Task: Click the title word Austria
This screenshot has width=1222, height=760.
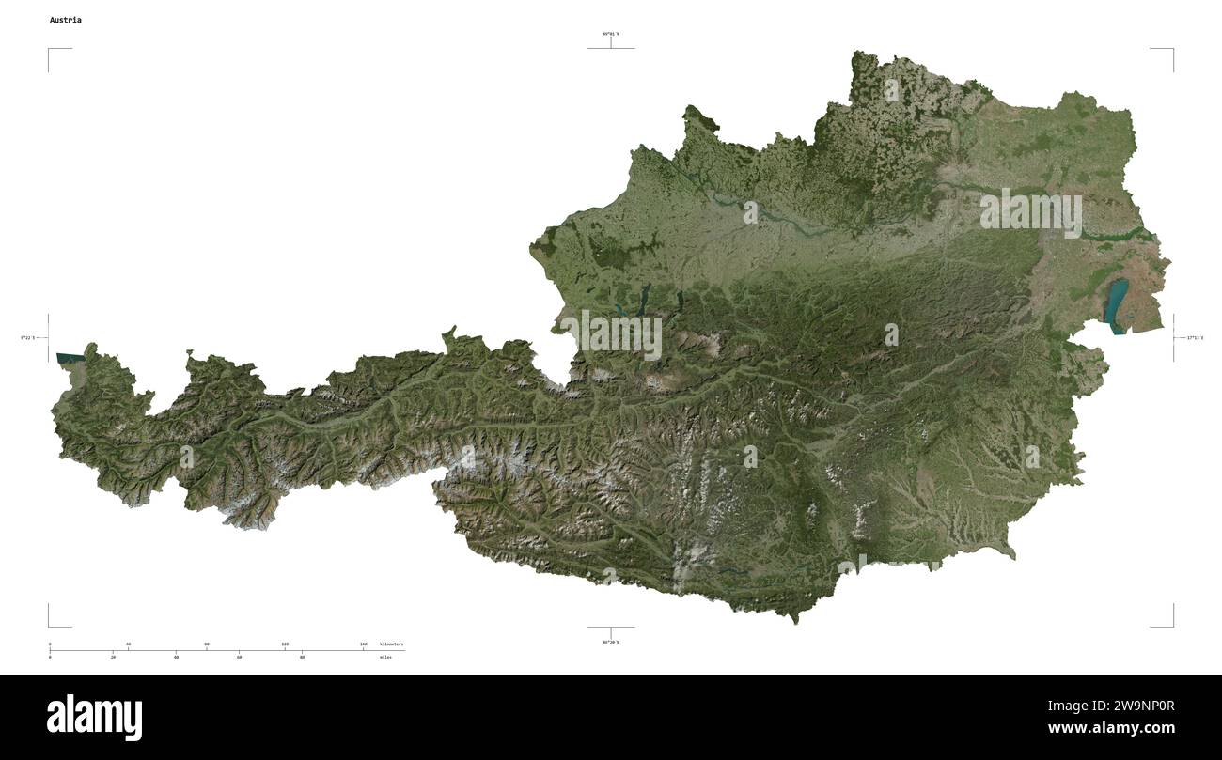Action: (65, 20)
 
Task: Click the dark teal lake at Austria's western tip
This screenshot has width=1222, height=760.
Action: (69, 358)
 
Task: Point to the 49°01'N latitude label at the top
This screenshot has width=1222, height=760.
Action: (610, 34)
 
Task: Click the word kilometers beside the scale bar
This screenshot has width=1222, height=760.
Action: (391, 644)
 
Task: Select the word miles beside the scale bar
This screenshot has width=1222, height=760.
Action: (385, 657)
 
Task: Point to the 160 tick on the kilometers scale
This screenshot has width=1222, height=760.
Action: (364, 644)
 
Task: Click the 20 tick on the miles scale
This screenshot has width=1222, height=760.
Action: (113, 657)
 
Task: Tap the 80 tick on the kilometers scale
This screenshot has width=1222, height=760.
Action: (207, 644)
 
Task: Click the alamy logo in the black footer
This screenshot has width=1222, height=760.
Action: (95, 718)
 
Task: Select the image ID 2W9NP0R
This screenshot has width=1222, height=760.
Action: (1123, 706)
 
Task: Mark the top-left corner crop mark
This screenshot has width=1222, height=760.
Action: (50, 50)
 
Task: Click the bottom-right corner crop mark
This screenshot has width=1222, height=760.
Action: (1172, 626)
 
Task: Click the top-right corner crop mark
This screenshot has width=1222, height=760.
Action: (1172, 50)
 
